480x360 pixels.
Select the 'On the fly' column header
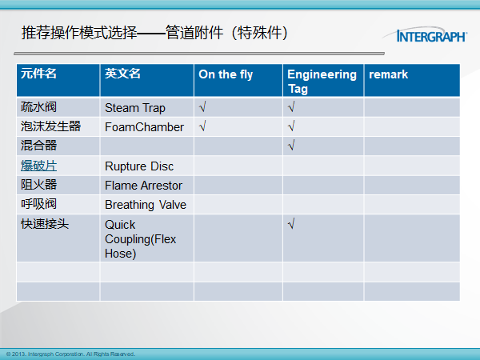[x=226, y=74]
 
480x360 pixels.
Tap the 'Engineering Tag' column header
[x=322, y=82]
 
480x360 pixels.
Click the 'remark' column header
[x=388, y=74]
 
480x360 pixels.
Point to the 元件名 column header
[x=38, y=74]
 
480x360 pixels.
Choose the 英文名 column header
[x=122, y=74]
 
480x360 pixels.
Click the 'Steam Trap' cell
[x=135, y=108]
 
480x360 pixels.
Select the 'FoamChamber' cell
[x=144, y=127]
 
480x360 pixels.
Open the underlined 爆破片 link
[x=38, y=166]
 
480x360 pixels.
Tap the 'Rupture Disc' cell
[x=139, y=166]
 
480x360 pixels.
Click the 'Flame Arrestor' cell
[x=143, y=186]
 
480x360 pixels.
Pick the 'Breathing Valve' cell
[x=146, y=205]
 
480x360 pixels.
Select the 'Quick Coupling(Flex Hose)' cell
[x=140, y=239]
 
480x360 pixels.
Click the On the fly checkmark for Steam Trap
[x=202, y=107]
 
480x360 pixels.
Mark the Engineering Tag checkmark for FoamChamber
[x=291, y=126]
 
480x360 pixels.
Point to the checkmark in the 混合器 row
[x=291, y=145]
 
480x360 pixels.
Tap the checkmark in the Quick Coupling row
[x=291, y=224]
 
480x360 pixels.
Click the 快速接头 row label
[x=45, y=224]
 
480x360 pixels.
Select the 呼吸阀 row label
[x=38, y=204]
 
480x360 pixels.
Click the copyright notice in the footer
[x=70, y=354]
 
